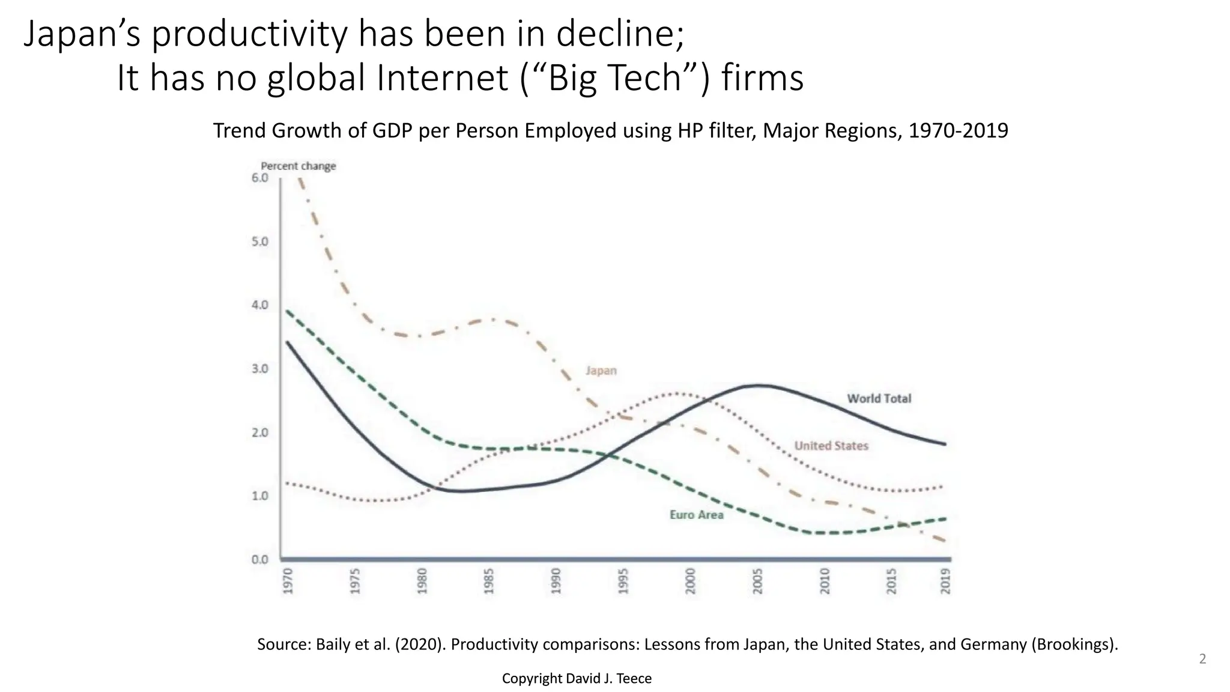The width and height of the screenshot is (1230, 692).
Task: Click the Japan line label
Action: (601, 371)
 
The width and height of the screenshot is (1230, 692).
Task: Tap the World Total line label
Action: (879, 398)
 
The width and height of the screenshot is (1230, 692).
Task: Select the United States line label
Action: (831, 446)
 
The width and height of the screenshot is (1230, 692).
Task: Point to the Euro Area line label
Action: (696, 515)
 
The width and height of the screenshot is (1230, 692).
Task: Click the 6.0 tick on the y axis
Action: (260, 178)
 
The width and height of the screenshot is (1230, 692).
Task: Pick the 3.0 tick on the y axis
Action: (260, 369)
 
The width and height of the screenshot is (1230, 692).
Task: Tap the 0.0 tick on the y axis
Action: (260, 560)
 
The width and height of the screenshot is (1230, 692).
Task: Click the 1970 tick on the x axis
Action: (288, 581)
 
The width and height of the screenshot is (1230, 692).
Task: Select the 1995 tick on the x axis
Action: (623, 581)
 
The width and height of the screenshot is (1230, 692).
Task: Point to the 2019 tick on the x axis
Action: (945, 581)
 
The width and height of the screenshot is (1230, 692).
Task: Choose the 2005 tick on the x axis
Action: (757, 581)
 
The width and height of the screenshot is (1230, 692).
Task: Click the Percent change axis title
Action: (298, 166)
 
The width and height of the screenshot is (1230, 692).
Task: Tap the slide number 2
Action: (1202, 659)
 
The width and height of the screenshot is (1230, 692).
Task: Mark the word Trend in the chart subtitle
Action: (240, 130)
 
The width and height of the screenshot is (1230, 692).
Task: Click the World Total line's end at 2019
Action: (945, 445)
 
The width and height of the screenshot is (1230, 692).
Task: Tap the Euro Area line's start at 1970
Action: (288, 311)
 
